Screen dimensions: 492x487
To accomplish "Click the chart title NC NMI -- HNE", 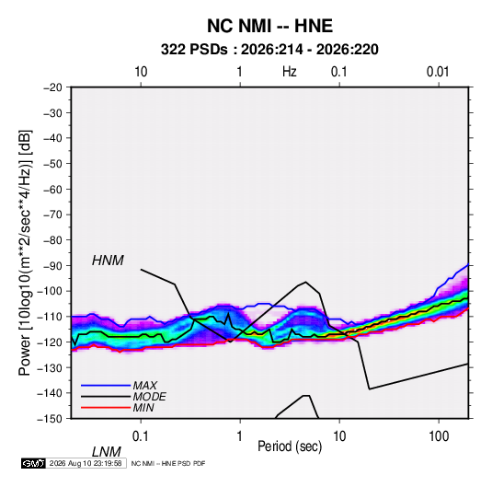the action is click(x=269, y=26).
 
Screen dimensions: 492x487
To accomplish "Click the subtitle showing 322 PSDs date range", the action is click(x=269, y=50).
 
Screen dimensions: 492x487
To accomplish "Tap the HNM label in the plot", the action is click(x=108, y=261).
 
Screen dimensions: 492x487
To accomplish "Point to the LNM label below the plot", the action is click(x=107, y=452).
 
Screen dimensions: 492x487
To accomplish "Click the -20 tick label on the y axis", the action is click(x=52, y=87).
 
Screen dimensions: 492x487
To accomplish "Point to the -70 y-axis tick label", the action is click(x=52, y=215).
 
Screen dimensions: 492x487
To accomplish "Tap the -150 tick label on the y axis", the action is click(x=50, y=419).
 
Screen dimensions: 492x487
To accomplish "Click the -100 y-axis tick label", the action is click(x=50, y=291).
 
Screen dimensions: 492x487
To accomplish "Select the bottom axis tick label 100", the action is click(x=439, y=436).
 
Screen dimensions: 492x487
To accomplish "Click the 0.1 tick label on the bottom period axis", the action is click(x=141, y=436).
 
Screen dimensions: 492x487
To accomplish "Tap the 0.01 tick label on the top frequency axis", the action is click(x=438, y=72).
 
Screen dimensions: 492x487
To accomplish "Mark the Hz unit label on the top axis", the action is click(x=290, y=72).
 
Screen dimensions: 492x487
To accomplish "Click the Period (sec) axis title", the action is click(x=290, y=446).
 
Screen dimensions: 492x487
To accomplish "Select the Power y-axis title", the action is click(x=25, y=253).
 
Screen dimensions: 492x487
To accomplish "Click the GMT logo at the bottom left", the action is click(x=33, y=463).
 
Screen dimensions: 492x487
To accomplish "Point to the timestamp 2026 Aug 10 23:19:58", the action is click(x=86, y=463).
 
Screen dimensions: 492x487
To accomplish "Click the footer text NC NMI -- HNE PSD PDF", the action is click(x=168, y=463).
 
